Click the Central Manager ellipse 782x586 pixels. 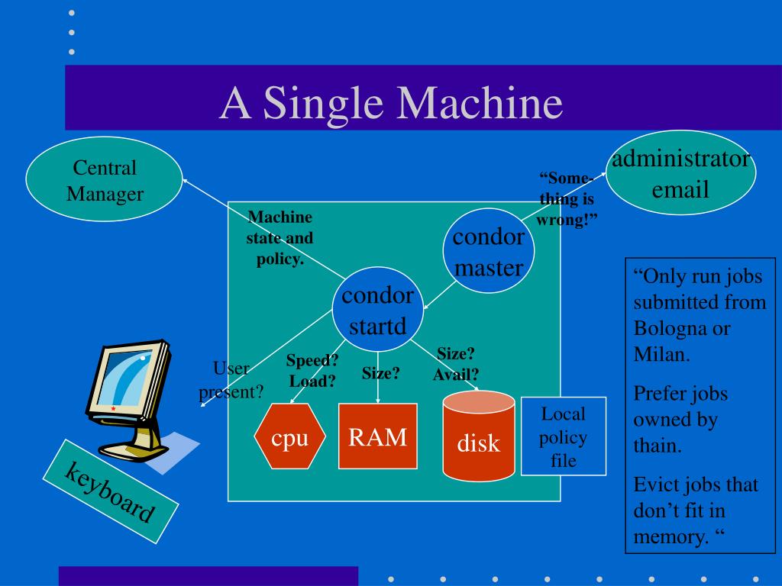104,179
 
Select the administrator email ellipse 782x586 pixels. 680,172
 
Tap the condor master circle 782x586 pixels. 489,250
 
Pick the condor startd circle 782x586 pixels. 377,310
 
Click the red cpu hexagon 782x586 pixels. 289,436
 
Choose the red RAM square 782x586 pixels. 377,436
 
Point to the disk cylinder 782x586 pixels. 479,436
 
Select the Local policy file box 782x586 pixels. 564,436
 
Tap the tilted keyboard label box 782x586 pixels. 110,491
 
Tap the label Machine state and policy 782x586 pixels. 280,238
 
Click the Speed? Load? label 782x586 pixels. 312,370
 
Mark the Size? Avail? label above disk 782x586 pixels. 456,364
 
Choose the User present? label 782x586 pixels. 231,380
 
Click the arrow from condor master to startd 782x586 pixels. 439,295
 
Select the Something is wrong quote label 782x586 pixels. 567,199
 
